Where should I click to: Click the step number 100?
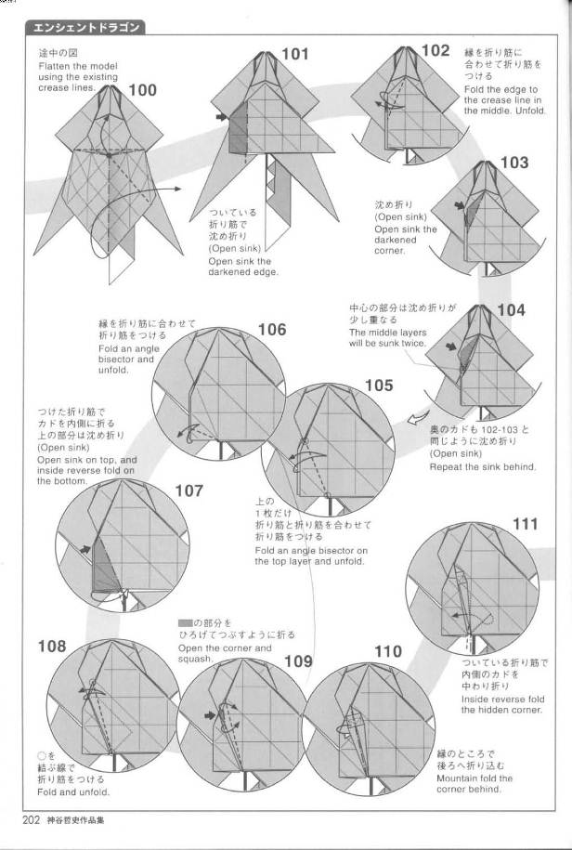pos(142,90)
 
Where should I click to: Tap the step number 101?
pos(294,55)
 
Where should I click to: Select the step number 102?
pos(435,51)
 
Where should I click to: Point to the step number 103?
pos(513,163)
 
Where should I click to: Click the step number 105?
pos(378,385)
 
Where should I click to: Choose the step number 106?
pos(271,330)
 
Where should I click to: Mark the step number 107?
pos(188,490)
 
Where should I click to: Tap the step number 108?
pos(52,646)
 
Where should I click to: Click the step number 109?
pos(298,661)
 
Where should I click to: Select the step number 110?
pos(388,651)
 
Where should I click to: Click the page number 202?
pos(34,819)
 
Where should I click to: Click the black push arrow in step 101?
pos(220,117)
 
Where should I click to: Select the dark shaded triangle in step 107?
pos(105,570)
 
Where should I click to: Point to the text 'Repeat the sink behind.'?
pos(482,466)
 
